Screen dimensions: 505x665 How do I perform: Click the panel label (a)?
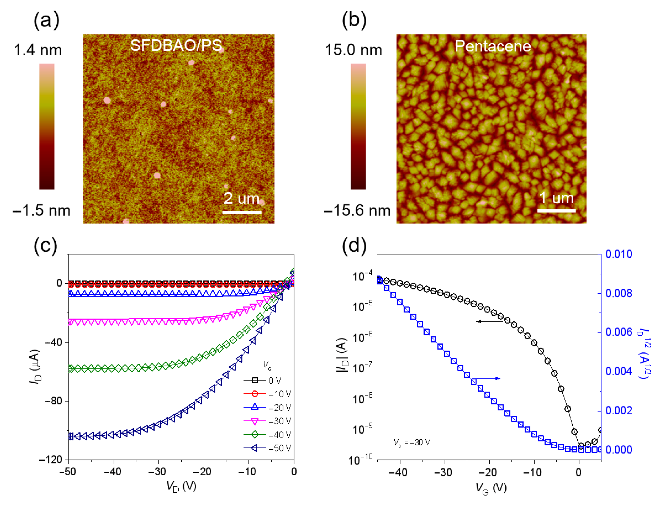click(x=46, y=21)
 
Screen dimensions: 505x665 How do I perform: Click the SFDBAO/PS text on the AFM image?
click(x=176, y=46)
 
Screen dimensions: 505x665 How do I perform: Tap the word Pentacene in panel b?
click(x=493, y=46)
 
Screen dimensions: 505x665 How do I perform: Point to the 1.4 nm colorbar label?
click(x=38, y=50)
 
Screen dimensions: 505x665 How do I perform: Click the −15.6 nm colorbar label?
click(x=357, y=210)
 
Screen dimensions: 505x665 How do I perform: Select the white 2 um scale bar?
click(x=242, y=212)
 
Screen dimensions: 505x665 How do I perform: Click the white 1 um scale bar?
click(x=556, y=211)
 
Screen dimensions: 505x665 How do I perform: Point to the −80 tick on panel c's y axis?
click(x=53, y=401)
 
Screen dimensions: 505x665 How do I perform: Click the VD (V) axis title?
click(x=181, y=486)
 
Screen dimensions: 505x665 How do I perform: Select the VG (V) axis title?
click(x=491, y=487)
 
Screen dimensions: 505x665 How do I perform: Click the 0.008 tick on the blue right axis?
click(x=618, y=293)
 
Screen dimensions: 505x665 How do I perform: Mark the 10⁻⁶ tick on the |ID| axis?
click(x=362, y=337)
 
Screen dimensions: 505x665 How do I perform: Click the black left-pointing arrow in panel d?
click(x=489, y=321)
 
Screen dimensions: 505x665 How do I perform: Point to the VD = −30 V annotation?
click(x=412, y=443)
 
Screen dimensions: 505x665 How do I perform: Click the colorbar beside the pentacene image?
click(x=358, y=126)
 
